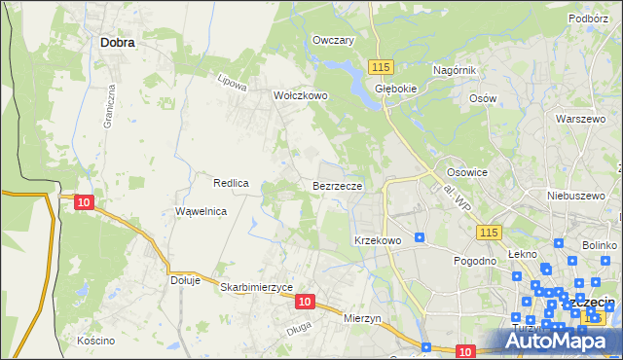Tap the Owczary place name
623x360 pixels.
coord(332,41)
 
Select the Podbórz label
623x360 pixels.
coord(589,18)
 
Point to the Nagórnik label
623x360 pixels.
coord(455,71)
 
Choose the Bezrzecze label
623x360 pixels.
coord(338,185)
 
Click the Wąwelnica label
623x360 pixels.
coord(201,211)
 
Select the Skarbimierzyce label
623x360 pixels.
coord(256,288)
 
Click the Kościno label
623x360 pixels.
coord(95,341)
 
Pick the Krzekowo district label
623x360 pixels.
coord(379,239)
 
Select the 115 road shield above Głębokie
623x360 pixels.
coord(381,65)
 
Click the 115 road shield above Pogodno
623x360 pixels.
coord(489,232)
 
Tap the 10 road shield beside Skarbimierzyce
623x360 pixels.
coord(305,303)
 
